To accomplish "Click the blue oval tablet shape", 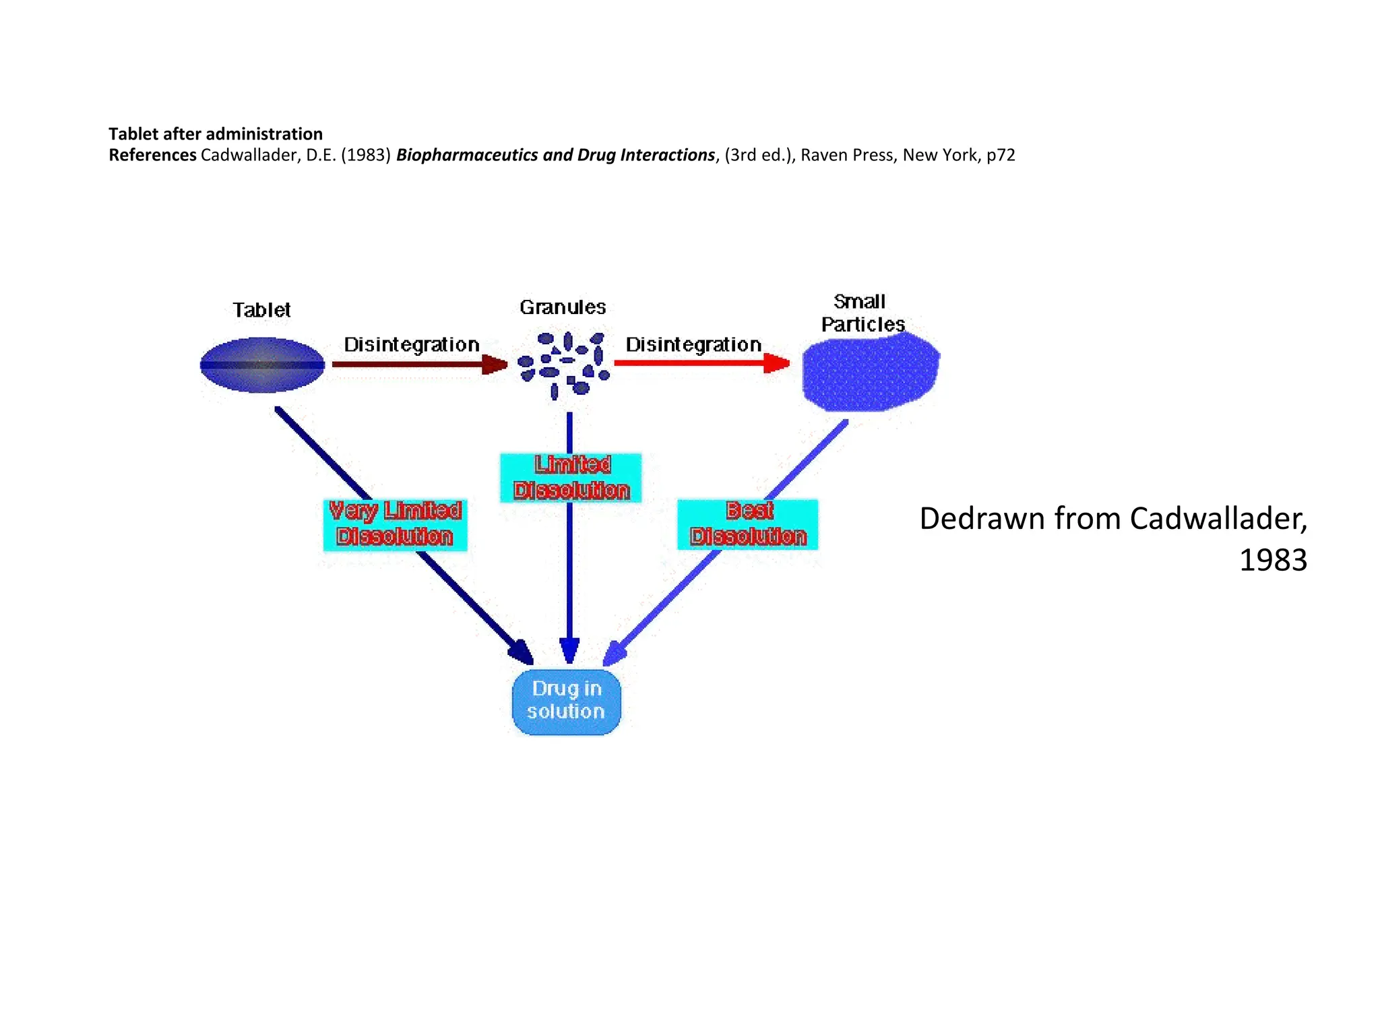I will click(262, 365).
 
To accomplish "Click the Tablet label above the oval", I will click(261, 310).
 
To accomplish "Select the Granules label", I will click(563, 307).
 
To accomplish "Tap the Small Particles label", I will click(862, 313).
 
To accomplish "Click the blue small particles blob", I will click(870, 373).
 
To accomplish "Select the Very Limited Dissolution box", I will click(395, 524).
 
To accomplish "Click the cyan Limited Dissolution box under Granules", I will click(571, 478).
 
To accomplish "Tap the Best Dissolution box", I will click(747, 524).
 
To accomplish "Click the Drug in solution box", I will click(566, 701).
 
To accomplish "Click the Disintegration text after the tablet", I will click(411, 344).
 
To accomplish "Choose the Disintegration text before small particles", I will click(693, 344).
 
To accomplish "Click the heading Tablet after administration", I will click(216, 133).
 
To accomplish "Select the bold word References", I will click(152, 155).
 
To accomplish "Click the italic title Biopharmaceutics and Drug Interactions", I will click(555, 155).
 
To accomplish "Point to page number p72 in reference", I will click(1001, 155).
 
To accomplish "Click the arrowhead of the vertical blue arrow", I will click(569, 650).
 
